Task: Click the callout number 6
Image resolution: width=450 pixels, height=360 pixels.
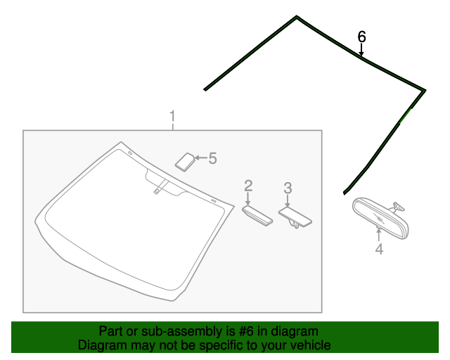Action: [x=361, y=37]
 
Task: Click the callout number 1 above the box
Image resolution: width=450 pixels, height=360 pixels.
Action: [x=172, y=116]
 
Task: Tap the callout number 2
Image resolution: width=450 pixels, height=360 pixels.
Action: [x=248, y=186]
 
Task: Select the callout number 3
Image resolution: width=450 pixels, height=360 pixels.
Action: [x=288, y=188]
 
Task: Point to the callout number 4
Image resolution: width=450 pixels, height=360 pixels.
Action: [x=379, y=249]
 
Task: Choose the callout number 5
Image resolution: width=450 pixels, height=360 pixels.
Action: [x=212, y=158]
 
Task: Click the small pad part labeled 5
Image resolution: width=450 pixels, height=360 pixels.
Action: [x=185, y=162]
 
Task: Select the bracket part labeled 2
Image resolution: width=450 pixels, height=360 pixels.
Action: [x=257, y=216]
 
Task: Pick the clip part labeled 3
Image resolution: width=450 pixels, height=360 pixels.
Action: [x=295, y=217]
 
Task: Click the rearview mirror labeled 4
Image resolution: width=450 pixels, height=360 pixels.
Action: [x=380, y=217]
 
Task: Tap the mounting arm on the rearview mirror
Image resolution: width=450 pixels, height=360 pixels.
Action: [x=397, y=207]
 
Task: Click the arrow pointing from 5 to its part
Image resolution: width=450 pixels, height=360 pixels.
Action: [x=201, y=157]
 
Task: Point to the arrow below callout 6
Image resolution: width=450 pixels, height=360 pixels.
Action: [x=361, y=50]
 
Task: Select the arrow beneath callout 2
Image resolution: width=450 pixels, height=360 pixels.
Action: [x=248, y=199]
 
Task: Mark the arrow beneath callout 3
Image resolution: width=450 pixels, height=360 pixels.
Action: [x=288, y=200]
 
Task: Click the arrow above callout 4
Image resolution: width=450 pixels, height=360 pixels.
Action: [x=379, y=234]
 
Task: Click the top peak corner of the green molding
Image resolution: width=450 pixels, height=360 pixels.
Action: [x=297, y=16]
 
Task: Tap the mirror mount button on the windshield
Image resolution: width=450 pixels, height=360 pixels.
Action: [x=156, y=191]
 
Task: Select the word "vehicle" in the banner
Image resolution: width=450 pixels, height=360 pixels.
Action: [x=313, y=345]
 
